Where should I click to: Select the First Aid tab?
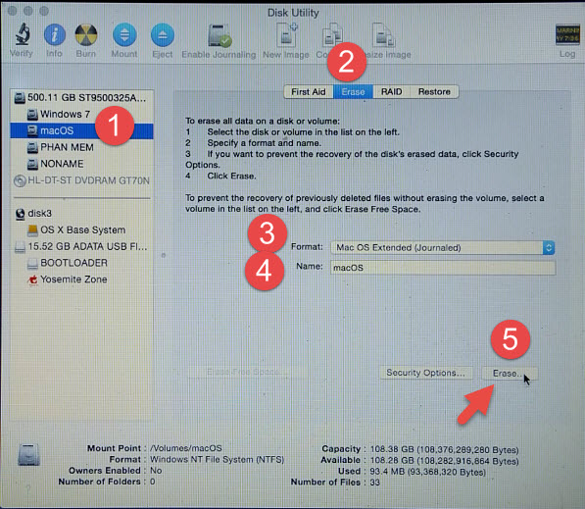pos(308,91)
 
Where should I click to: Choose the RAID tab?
pos(391,91)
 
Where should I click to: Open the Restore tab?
pos(434,91)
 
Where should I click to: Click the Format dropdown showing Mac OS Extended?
pos(443,247)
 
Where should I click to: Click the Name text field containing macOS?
pos(443,267)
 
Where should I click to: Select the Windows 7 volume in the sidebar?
pos(66,114)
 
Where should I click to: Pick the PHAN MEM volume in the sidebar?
pos(68,147)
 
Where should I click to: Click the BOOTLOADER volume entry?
pos(74,263)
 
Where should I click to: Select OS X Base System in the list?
pos(82,229)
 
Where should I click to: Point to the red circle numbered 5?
pos(509,338)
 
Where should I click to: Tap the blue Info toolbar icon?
pos(55,35)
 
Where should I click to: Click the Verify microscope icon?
pos(21,35)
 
